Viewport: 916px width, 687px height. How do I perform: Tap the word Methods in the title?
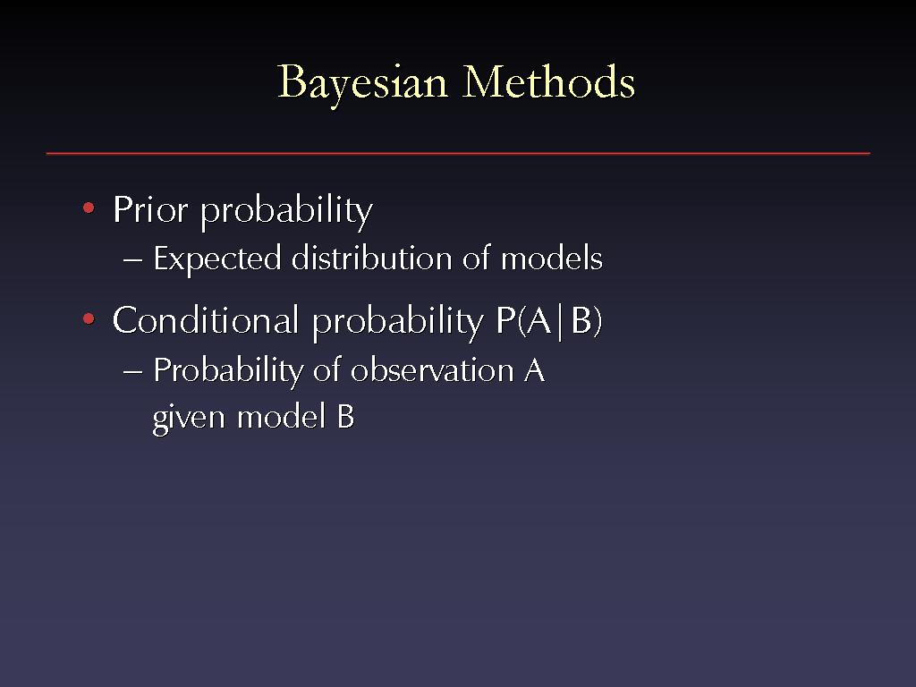548,81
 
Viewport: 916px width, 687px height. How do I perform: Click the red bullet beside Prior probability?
89,208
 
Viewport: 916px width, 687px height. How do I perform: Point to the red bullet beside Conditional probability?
89,319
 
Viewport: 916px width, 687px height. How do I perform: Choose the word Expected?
216,259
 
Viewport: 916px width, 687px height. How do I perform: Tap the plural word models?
551,258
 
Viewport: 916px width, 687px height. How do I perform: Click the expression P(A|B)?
548,321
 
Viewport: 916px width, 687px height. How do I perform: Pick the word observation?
432,369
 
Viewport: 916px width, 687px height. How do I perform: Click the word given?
189,419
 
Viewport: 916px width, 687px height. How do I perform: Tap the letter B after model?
345,417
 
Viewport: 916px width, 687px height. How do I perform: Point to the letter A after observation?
534,369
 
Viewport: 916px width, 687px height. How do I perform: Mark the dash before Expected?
132,260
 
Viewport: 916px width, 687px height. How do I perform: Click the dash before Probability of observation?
132,371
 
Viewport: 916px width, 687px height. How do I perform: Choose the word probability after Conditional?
397,321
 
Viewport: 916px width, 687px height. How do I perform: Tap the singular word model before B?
280,417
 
